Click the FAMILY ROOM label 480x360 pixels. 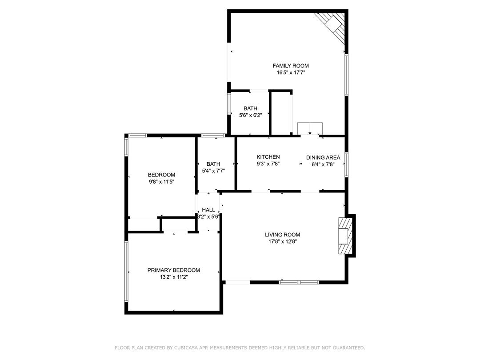click(x=291, y=65)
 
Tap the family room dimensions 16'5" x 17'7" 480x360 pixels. click(x=291, y=72)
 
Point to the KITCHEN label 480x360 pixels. click(x=268, y=157)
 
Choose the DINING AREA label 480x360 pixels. click(x=323, y=157)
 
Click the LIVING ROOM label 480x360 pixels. click(x=282, y=235)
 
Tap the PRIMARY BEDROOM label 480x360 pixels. click(x=174, y=270)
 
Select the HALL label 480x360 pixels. click(x=208, y=210)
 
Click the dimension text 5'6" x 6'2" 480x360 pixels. click(x=250, y=116)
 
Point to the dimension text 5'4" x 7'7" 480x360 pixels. click(x=213, y=171)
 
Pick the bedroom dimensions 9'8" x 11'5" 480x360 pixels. click(x=162, y=182)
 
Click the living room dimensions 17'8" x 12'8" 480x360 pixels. click(x=282, y=241)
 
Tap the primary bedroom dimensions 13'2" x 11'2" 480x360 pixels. click(x=174, y=277)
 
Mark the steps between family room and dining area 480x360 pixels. click(x=310, y=128)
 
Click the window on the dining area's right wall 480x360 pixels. click(x=347, y=164)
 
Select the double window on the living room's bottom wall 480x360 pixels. click(x=299, y=282)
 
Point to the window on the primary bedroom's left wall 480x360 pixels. click(x=126, y=272)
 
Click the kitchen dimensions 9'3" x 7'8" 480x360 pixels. click(x=268, y=164)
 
